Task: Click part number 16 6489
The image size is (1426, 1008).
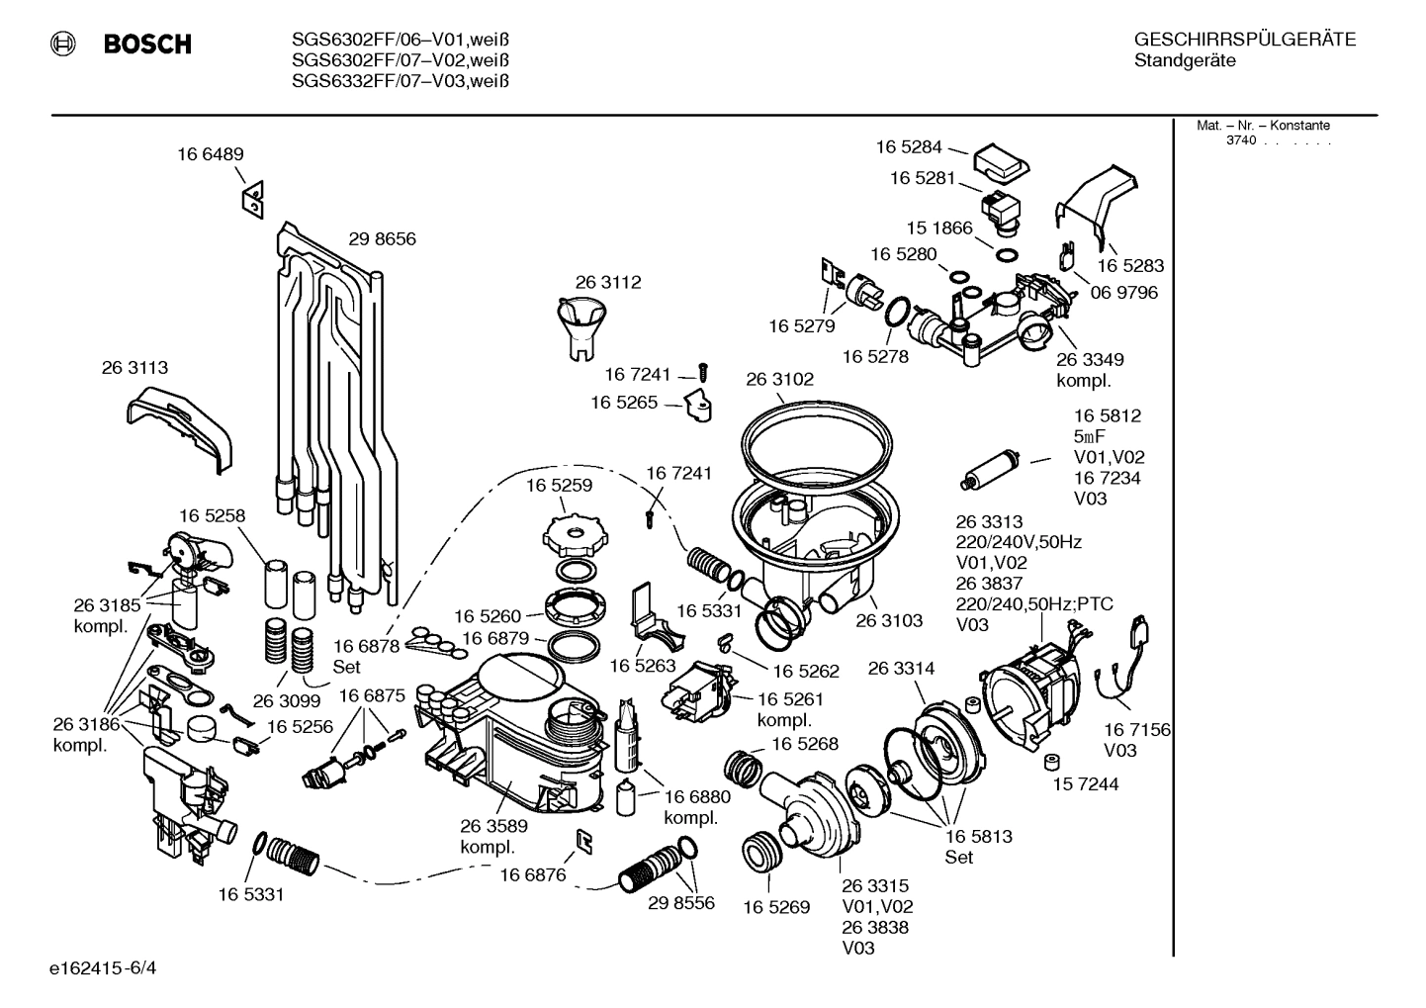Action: [x=211, y=154]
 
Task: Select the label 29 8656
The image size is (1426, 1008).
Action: [x=382, y=239]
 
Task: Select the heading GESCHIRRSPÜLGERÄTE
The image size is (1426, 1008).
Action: [x=1244, y=40]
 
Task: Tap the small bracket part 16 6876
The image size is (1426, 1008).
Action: [x=583, y=840]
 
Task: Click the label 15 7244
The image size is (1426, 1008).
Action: [x=1085, y=784]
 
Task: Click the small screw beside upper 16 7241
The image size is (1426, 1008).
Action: [x=704, y=374]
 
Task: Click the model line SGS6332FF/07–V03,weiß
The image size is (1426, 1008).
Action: [x=401, y=82]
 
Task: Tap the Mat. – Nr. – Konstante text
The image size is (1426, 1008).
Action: [x=1263, y=126]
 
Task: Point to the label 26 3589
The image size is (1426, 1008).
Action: [x=493, y=826]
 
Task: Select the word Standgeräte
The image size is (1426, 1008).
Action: [x=1185, y=61]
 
